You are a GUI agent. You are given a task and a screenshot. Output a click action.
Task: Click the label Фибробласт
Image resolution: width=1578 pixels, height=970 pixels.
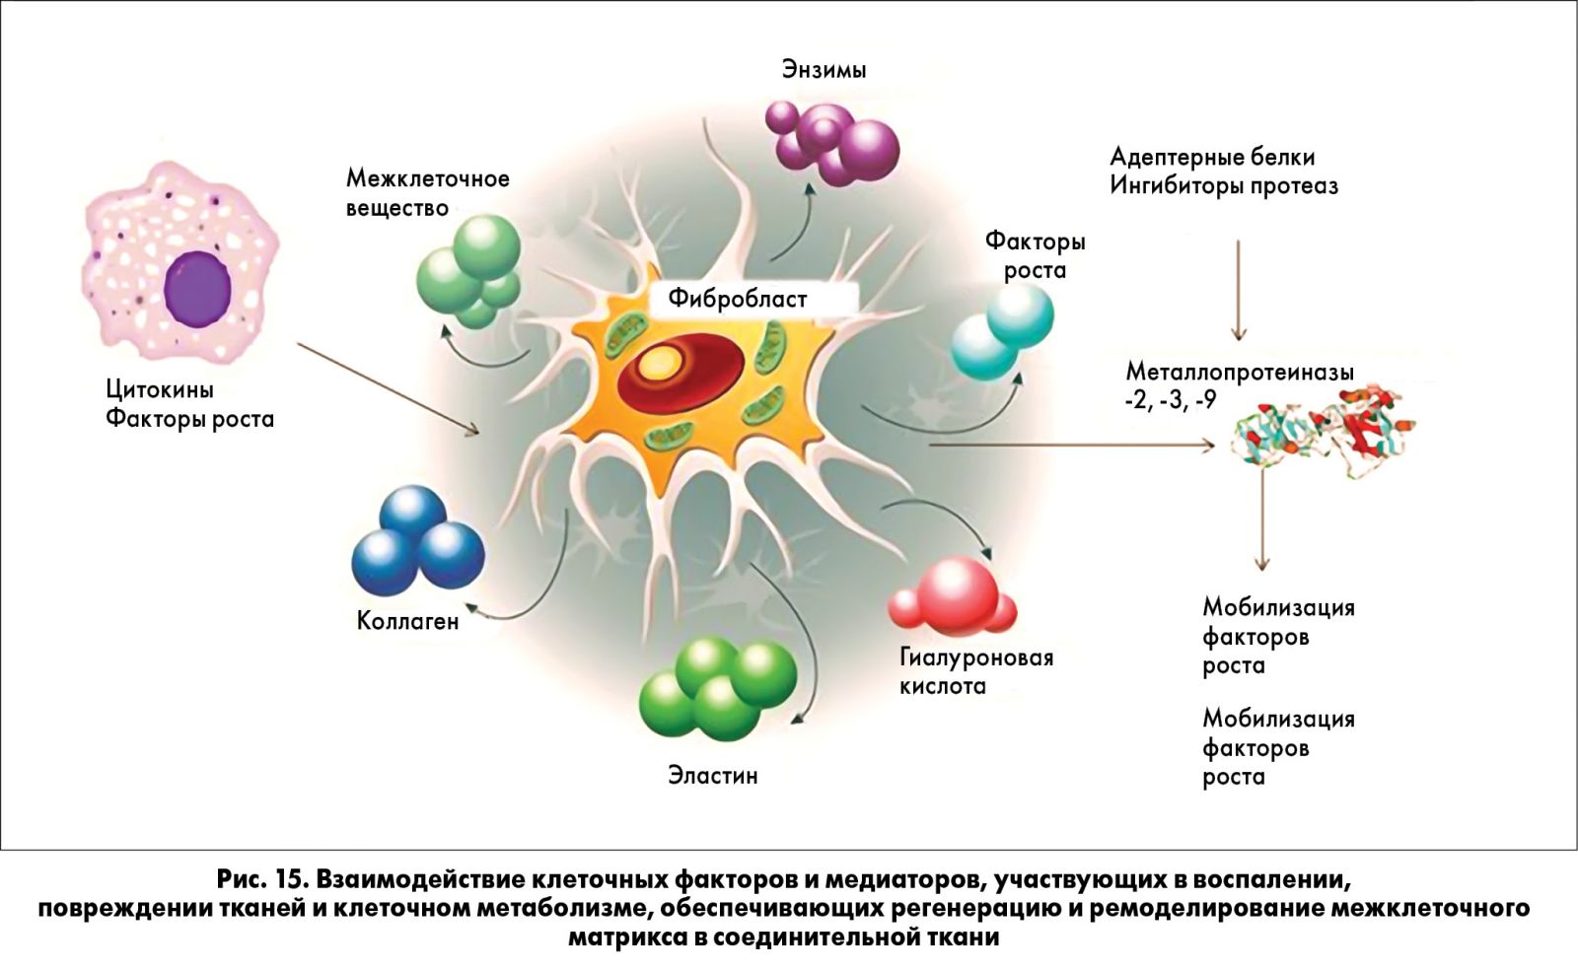click(738, 299)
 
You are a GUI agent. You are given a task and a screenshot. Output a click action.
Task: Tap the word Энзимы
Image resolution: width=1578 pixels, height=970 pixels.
click(825, 70)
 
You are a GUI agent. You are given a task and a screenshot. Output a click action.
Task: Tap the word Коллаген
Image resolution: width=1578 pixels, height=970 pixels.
click(407, 621)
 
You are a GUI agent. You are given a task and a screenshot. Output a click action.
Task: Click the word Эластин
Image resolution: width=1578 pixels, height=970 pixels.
click(712, 776)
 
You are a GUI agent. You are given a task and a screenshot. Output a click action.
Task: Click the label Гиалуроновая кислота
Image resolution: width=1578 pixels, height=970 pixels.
click(975, 671)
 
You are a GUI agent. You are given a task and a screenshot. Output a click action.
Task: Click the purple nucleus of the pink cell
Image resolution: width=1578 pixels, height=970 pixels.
click(198, 288)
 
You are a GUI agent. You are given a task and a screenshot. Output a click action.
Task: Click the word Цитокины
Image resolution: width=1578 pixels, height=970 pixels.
click(160, 389)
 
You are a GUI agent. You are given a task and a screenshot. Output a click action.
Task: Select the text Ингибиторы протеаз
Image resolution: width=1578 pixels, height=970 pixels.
click(1223, 186)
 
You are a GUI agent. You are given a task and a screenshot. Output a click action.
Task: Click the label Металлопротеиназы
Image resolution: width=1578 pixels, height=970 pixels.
click(1239, 373)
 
